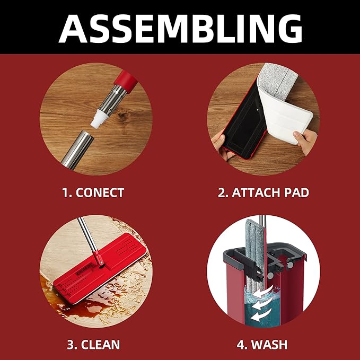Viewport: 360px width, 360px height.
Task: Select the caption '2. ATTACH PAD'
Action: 264,192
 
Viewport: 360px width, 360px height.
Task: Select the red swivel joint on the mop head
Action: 98,260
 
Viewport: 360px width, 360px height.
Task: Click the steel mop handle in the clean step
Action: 86,233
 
